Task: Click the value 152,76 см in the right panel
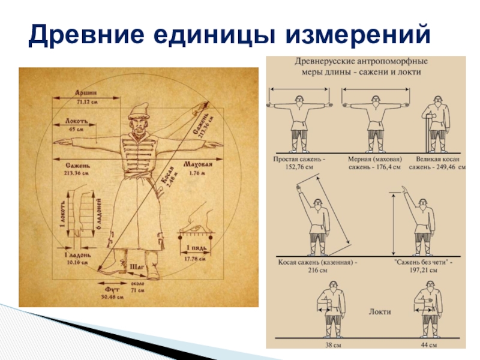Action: (x=299, y=169)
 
